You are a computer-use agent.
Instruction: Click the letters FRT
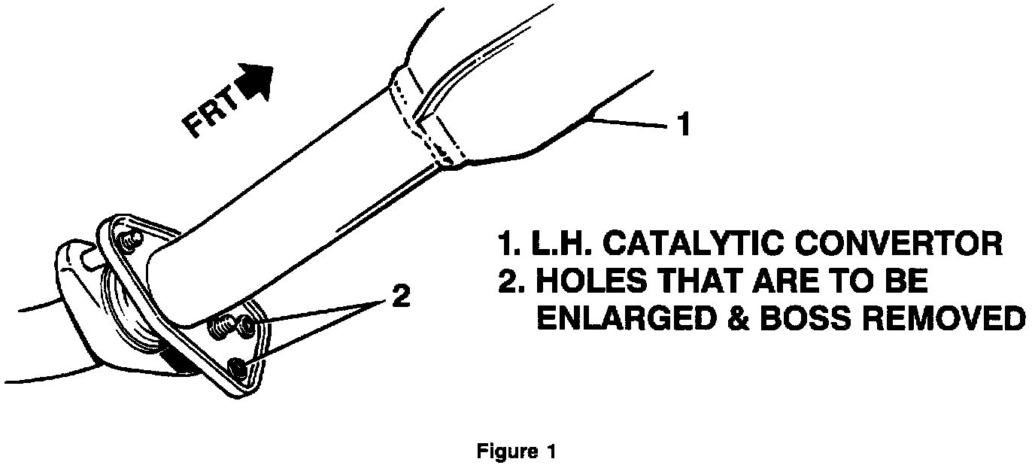[209, 112]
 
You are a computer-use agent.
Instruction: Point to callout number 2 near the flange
[401, 296]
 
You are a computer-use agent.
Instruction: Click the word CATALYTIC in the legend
[687, 245]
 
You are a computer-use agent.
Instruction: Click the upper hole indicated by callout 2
[247, 325]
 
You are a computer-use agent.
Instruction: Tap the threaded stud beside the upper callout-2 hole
[221, 327]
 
